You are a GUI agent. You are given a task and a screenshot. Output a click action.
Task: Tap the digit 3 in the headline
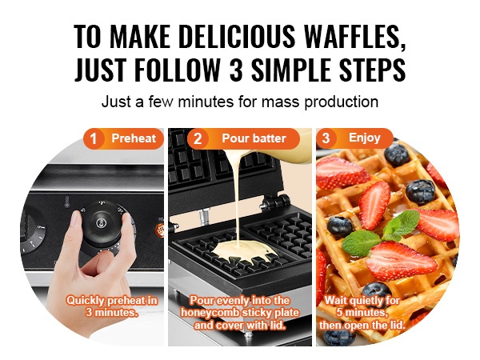point(236,69)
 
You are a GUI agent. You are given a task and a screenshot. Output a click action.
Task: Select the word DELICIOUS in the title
point(237,37)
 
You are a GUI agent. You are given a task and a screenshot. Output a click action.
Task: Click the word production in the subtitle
point(341,102)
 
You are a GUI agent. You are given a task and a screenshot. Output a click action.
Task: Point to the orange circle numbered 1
point(94,138)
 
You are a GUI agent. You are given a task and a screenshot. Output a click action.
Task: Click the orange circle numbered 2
point(198,138)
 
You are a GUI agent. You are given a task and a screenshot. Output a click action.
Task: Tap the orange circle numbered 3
point(326,138)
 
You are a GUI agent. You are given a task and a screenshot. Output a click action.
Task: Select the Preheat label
point(134,138)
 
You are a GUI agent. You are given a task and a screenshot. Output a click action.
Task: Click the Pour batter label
point(254,138)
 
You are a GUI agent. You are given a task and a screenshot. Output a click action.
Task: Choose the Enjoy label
point(364,138)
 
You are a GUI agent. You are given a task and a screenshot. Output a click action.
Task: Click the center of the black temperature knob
point(100,223)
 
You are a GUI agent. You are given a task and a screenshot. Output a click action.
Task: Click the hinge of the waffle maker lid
point(275,202)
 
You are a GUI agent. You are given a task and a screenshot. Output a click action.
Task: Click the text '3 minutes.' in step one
point(111,313)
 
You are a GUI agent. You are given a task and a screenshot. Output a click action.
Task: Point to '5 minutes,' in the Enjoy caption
point(362,313)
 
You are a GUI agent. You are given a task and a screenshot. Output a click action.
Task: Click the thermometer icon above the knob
point(66,202)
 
